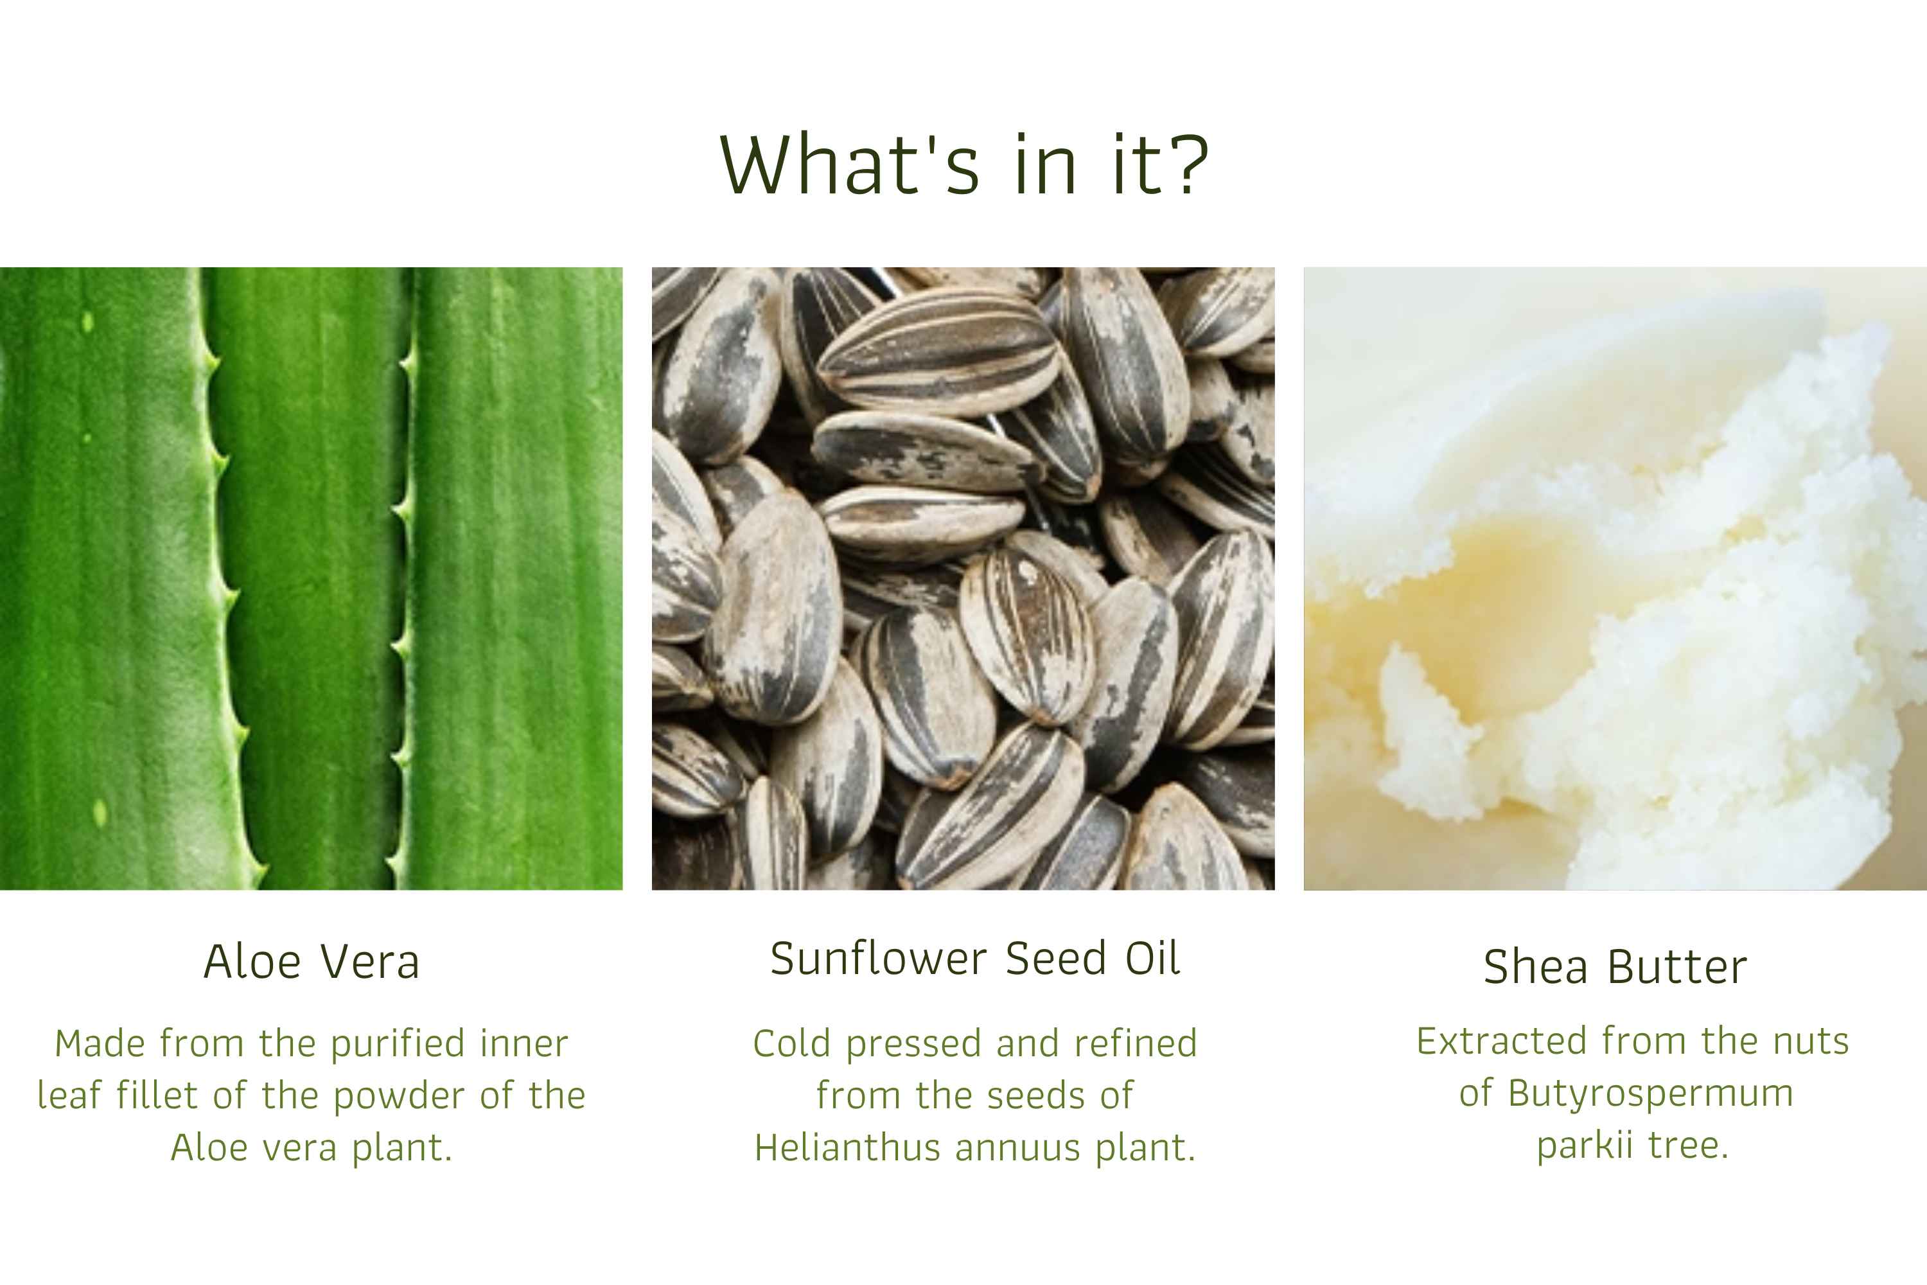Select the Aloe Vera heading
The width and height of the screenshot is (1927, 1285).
[312, 961]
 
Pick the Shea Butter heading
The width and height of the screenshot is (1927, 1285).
[1615, 966]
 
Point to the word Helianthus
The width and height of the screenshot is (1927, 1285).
[849, 1148]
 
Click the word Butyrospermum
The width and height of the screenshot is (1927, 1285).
[1651, 1094]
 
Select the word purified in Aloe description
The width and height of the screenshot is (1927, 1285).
[398, 1044]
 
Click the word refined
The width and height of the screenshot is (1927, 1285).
[1136, 1044]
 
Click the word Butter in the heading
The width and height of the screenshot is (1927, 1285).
[1677, 966]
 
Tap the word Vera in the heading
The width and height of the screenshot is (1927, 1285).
[369, 961]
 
